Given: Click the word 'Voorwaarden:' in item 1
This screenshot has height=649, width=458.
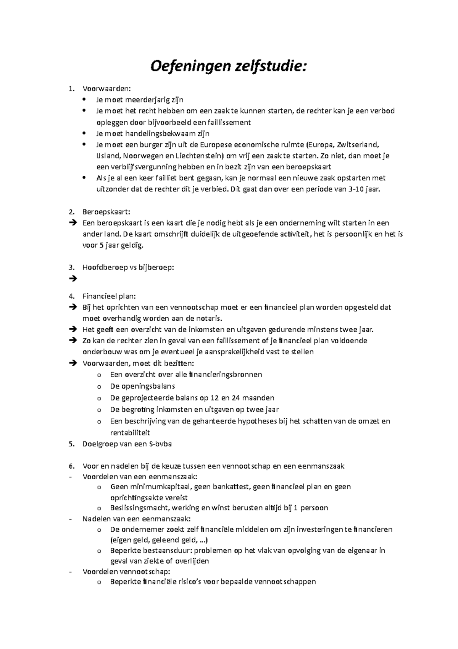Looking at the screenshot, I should [106, 89].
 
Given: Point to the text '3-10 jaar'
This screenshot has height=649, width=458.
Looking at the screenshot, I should [364, 189].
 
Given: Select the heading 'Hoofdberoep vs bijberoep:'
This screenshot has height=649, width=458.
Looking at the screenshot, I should [128, 268].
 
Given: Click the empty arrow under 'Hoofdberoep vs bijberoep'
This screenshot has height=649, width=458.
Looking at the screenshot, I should [73, 279].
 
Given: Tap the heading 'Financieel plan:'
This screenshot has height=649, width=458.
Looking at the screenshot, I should [109, 296].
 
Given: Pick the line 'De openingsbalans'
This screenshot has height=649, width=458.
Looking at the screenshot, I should [142, 386].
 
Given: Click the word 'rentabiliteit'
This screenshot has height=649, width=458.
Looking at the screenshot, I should [130, 433].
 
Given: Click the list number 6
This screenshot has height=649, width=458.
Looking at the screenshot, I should [71, 466].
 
